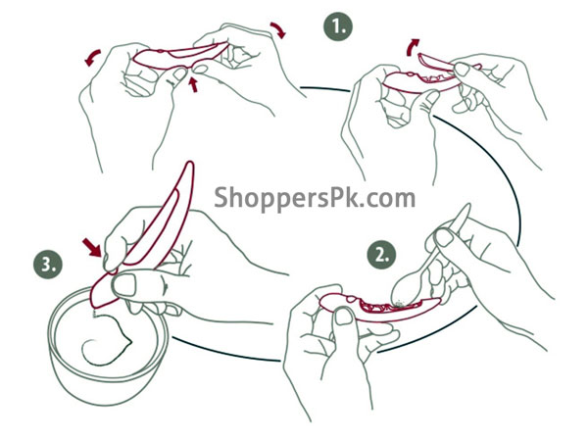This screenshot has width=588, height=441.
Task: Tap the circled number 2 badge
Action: (x=381, y=255)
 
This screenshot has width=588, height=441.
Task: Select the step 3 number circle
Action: (x=48, y=264)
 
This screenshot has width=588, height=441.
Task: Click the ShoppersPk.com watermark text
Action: (x=315, y=198)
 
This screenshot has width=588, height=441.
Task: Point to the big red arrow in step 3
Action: (x=92, y=246)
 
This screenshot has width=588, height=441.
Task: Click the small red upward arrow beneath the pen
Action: (x=193, y=84)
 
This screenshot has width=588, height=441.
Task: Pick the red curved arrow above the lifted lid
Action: (x=413, y=46)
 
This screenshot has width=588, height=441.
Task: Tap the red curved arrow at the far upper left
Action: (x=92, y=58)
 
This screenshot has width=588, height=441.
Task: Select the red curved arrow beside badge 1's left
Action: (x=278, y=29)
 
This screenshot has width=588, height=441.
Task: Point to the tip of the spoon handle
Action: (x=468, y=205)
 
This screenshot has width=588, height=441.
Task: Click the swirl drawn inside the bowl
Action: (x=106, y=340)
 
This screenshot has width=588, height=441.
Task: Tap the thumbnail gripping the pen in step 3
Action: (x=124, y=285)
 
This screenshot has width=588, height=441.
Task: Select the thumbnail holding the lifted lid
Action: (x=462, y=69)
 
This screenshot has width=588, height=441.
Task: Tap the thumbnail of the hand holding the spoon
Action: (x=444, y=237)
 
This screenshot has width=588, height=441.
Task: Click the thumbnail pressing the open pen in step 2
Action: (x=343, y=316)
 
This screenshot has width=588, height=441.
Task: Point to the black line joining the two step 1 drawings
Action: (x=325, y=89)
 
